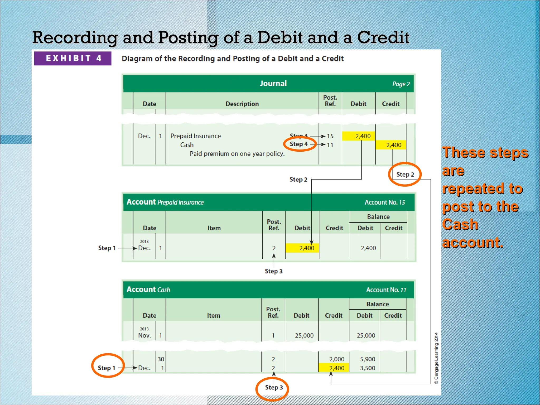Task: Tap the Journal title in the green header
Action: click(273, 84)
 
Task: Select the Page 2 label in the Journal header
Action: click(401, 84)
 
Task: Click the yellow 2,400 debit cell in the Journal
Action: click(359, 136)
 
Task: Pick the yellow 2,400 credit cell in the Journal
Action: click(391, 145)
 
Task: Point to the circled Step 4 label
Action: click(299, 144)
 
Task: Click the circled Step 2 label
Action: click(405, 175)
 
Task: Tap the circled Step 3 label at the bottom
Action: click(274, 388)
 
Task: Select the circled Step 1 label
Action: click(107, 368)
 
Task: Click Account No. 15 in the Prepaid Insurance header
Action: click(385, 202)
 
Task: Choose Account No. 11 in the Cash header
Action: click(386, 290)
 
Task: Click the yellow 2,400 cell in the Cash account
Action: click(334, 368)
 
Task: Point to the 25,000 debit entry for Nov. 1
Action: click(304, 336)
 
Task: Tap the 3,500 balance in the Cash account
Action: click(367, 368)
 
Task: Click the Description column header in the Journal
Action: click(242, 104)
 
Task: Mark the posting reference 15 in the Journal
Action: click(330, 136)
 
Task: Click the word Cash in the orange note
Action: click(460, 225)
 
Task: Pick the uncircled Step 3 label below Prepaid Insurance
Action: click(273, 271)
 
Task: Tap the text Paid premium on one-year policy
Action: click(237, 154)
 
